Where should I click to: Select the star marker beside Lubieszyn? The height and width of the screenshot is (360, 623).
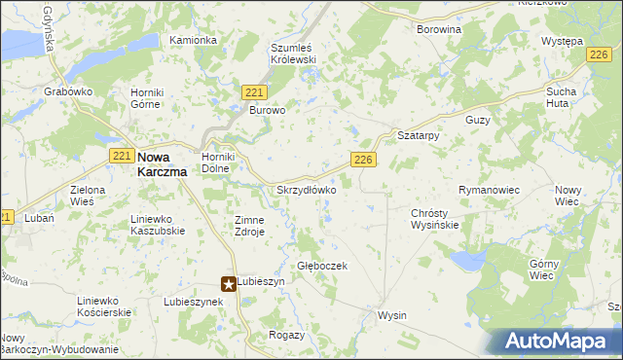pyautogui.click(x=229, y=284)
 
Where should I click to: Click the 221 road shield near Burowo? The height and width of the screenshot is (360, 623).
pyautogui.click(x=254, y=91)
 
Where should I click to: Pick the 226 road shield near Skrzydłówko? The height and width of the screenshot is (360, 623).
pyautogui.click(x=363, y=160)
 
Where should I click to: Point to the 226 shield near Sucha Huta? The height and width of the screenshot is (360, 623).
pyautogui.click(x=599, y=58)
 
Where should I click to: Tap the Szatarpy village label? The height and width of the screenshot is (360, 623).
pyautogui.click(x=419, y=136)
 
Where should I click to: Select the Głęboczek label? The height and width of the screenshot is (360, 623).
pyautogui.click(x=322, y=266)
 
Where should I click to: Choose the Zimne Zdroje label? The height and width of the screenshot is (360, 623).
pyautogui.click(x=249, y=226)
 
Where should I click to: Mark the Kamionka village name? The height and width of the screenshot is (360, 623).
pyautogui.click(x=193, y=40)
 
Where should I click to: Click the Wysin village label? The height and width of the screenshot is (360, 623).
pyautogui.click(x=391, y=316)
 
